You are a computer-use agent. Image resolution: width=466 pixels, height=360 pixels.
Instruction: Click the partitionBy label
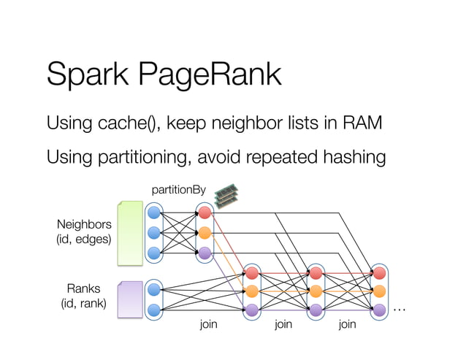[178, 190]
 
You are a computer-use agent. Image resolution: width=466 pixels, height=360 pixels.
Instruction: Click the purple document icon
[130, 300]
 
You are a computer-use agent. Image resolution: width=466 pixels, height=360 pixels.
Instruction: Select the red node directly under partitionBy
[205, 212]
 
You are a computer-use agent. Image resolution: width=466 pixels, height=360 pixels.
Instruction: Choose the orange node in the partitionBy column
[205, 233]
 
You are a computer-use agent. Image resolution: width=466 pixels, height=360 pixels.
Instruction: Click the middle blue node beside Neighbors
[153, 233]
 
